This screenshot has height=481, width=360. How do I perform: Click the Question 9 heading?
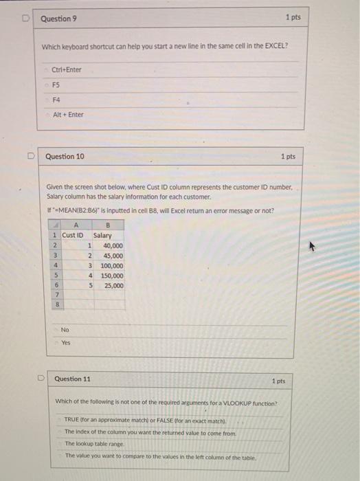[58, 19]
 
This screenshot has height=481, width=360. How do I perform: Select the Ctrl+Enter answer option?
[67, 69]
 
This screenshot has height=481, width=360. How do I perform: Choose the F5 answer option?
[57, 85]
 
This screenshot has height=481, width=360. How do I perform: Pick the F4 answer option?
[57, 100]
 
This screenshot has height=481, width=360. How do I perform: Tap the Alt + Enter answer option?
[68, 115]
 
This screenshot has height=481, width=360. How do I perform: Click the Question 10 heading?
[65, 157]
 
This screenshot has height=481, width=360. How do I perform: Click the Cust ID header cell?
[72, 236]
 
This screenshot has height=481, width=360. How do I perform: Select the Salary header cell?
[102, 236]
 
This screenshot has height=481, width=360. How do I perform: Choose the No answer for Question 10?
[65, 330]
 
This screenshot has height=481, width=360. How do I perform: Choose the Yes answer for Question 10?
[65, 342]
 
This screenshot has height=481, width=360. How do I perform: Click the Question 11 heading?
[72, 379]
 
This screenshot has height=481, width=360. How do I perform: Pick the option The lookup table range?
[95, 444]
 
